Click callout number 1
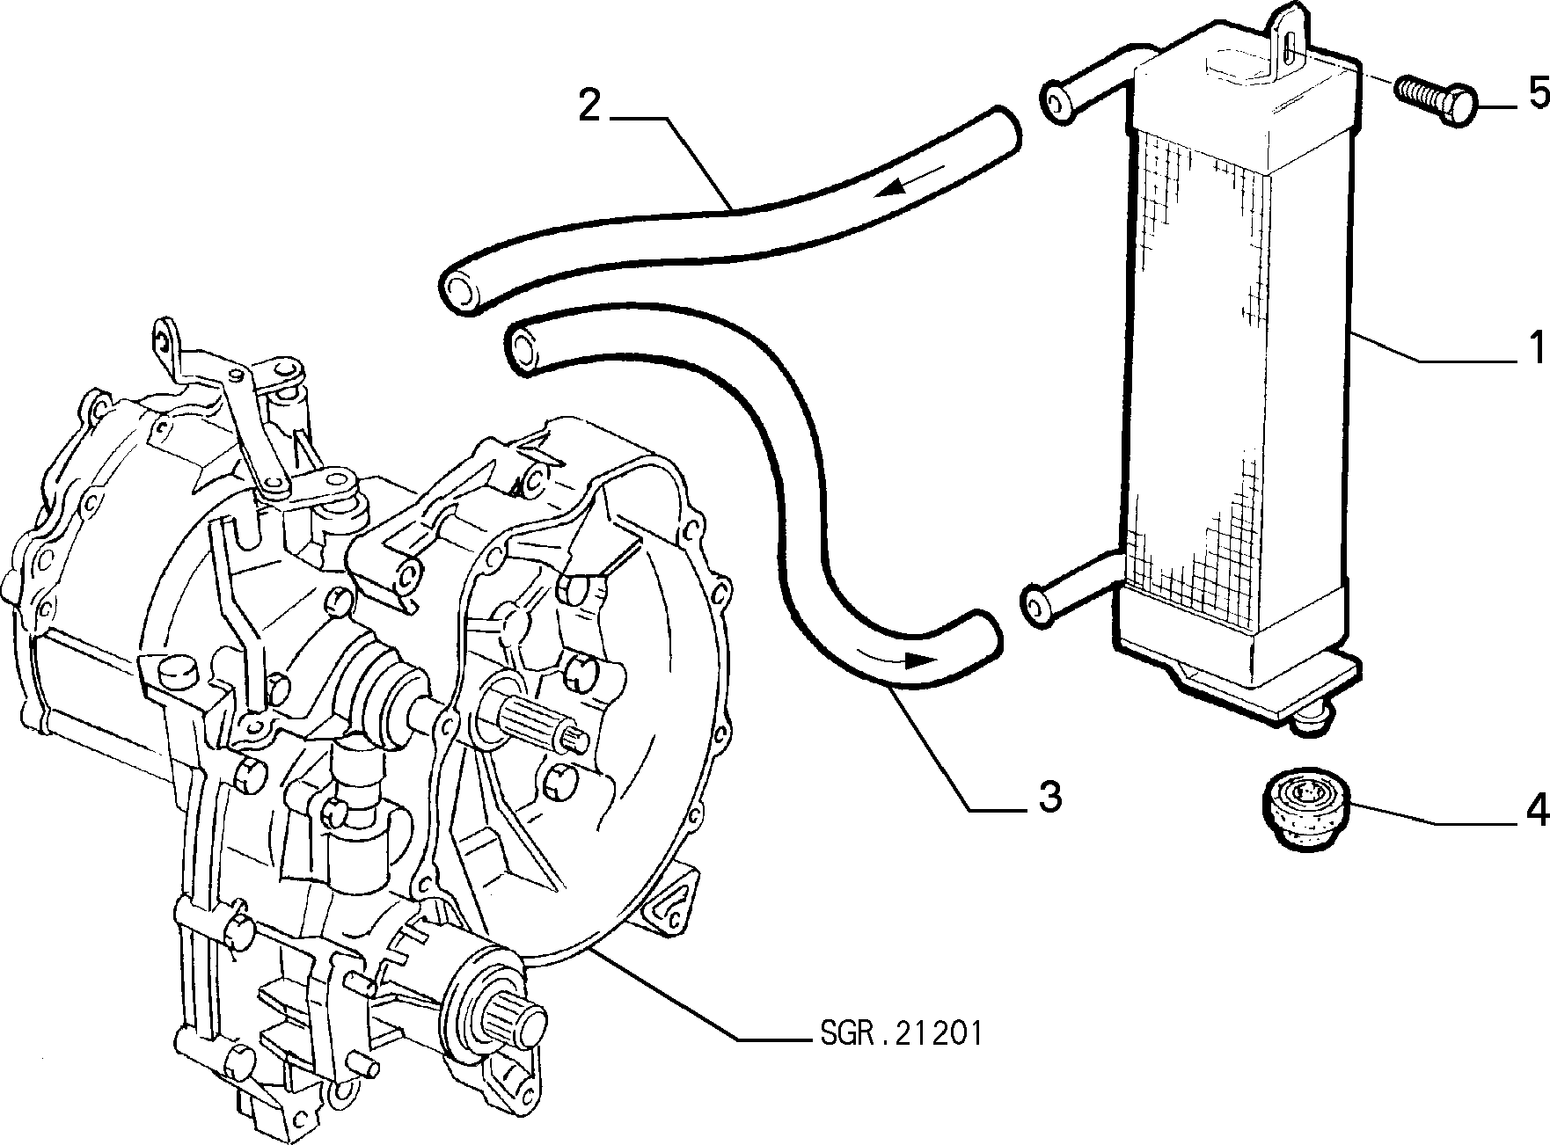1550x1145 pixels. click(x=1536, y=348)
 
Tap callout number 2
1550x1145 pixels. click(x=589, y=106)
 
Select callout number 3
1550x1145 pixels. click(x=1050, y=797)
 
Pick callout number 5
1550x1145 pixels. click(x=1536, y=92)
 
